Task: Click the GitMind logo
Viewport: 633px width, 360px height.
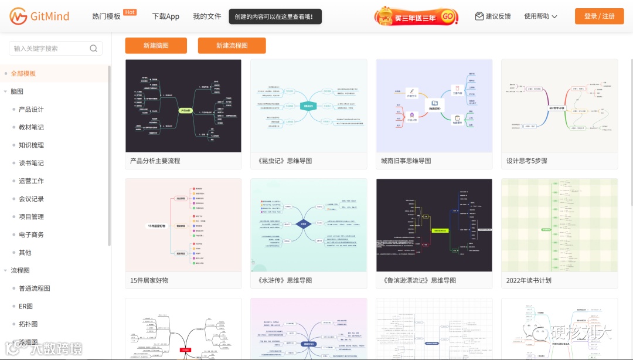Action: [39, 16]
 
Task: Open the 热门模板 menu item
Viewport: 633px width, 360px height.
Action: [107, 16]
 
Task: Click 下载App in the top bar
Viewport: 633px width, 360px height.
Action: [166, 16]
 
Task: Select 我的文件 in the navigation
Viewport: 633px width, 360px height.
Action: [207, 16]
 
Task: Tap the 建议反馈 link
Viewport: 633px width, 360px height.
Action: [493, 16]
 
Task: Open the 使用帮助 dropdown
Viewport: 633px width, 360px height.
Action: [540, 16]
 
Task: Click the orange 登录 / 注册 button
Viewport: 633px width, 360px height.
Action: [599, 16]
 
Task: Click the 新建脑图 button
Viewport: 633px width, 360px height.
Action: [156, 46]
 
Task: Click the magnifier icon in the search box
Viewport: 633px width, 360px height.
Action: [94, 49]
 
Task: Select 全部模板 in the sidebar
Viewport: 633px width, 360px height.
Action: [23, 73]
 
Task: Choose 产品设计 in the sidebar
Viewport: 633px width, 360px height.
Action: [31, 109]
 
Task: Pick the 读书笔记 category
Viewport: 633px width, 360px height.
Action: [31, 163]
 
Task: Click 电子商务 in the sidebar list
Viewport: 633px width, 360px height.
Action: [31, 235]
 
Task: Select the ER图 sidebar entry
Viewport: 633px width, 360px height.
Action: [26, 306]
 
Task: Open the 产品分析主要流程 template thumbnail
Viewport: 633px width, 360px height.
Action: [183, 106]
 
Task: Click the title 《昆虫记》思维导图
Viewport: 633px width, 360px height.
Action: [284, 161]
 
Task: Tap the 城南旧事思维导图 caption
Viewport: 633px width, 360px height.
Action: [406, 161]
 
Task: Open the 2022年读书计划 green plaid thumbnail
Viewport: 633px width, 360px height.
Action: [559, 225]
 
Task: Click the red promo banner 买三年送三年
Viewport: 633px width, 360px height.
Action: [416, 16]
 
